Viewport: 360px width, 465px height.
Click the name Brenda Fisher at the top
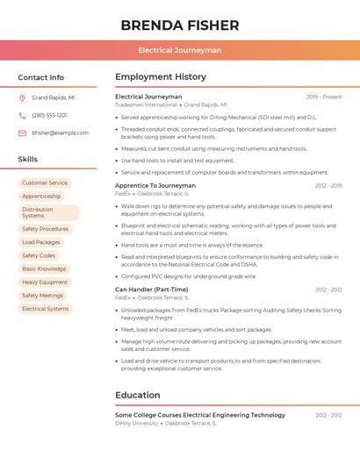point(179,25)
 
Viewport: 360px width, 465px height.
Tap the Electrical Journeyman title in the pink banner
point(179,51)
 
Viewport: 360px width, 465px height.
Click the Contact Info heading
point(41,77)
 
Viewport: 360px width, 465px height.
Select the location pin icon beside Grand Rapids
point(22,98)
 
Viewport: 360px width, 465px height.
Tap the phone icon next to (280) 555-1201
point(22,115)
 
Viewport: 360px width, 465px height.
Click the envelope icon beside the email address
point(22,133)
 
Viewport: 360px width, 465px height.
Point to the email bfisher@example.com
point(60,133)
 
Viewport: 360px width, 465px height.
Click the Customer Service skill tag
point(45,183)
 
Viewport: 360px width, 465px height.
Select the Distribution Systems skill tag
point(47,212)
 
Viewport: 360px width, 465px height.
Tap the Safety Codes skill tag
point(39,255)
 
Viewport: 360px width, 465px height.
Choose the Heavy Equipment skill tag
point(45,283)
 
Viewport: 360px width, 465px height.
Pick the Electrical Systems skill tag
point(46,309)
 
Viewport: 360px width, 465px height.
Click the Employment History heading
point(160,77)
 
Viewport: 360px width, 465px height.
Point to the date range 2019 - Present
point(324,97)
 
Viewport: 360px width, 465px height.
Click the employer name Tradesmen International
point(146,104)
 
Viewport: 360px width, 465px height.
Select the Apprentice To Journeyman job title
point(155,186)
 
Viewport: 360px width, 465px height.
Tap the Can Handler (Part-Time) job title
point(151,290)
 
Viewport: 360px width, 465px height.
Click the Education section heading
point(137,395)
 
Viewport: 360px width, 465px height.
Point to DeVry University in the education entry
point(137,423)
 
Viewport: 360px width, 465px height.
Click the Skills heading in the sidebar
point(28,159)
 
